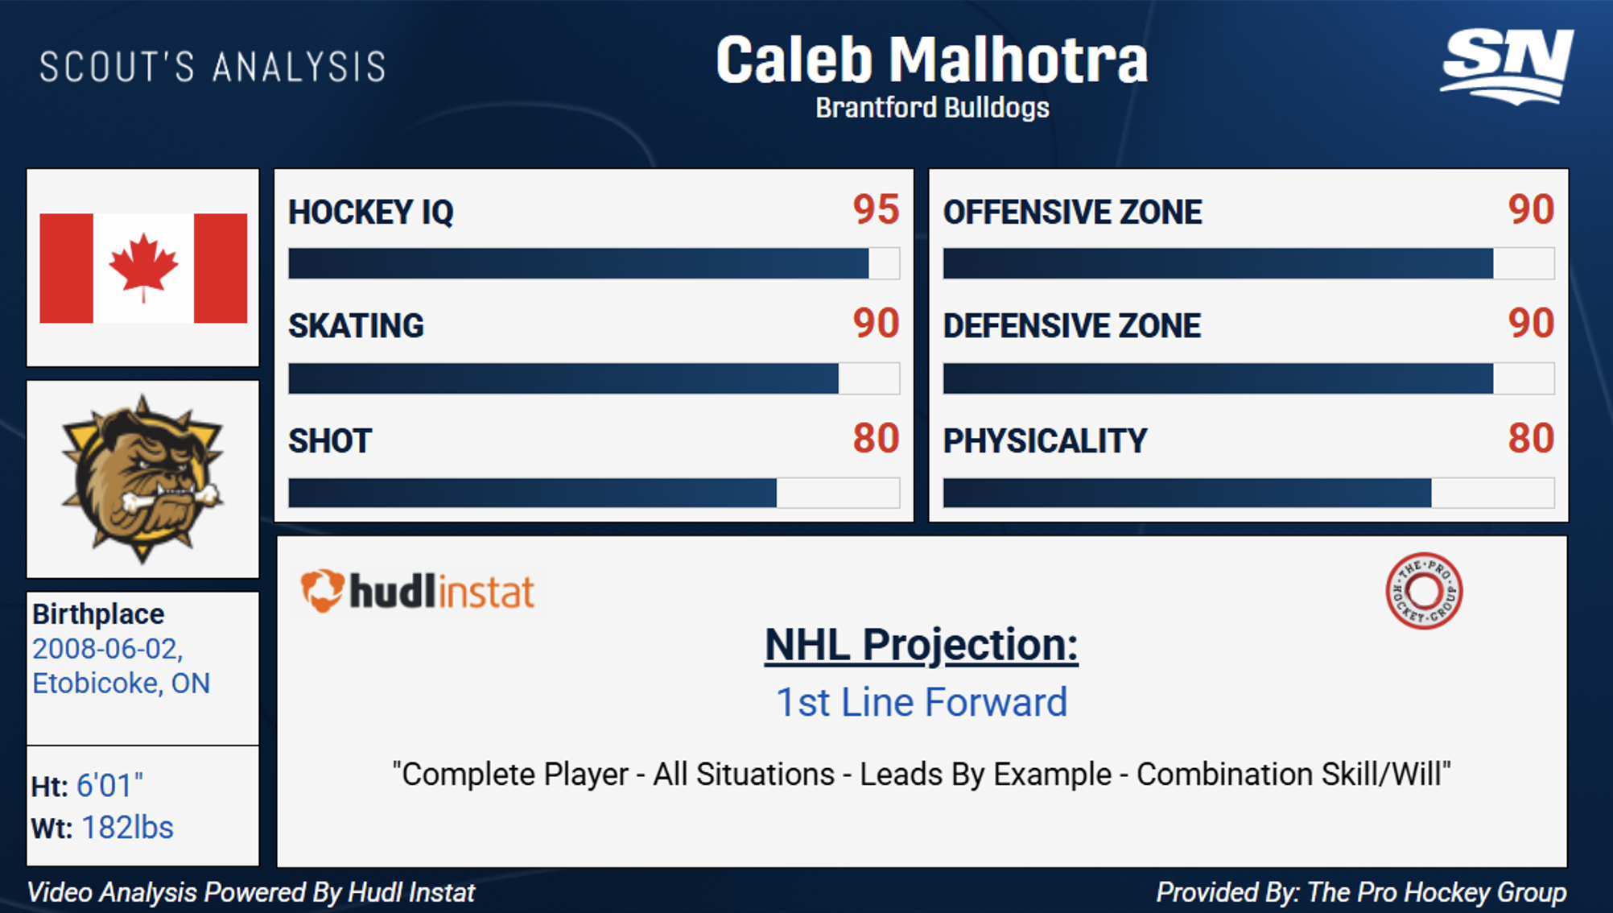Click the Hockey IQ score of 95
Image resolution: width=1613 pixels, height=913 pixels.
(876, 209)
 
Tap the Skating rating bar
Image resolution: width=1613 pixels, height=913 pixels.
(594, 378)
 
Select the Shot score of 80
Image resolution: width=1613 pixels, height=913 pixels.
(876, 439)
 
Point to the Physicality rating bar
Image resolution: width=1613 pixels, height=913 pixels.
(1248, 493)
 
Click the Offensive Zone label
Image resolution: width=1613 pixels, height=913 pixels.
(1072, 213)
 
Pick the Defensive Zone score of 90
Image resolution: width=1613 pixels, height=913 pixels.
(1531, 324)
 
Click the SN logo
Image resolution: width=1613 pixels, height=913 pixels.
(1507, 66)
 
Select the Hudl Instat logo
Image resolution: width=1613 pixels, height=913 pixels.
(418, 592)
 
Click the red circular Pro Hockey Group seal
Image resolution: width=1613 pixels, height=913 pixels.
(1424, 591)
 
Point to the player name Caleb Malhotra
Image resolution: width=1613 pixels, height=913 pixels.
(932, 60)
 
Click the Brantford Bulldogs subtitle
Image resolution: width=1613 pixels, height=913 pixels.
(932, 108)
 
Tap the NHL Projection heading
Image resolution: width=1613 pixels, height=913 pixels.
(921, 645)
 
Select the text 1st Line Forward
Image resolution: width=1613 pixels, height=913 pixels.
(921, 702)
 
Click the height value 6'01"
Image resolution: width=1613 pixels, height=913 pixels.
(109, 785)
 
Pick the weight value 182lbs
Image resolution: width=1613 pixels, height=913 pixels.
(127, 828)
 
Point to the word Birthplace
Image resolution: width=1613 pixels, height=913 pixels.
(98, 614)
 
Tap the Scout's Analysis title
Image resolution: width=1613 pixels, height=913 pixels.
(213, 67)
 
